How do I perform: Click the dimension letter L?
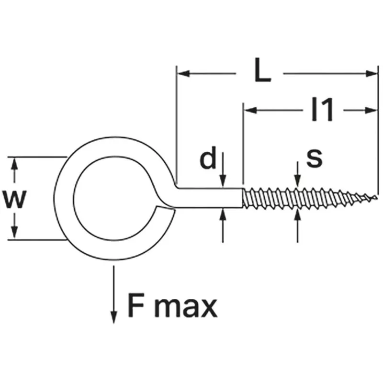pos(262,70)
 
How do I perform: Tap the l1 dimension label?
pos(322,109)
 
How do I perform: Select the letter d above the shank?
pos(208,158)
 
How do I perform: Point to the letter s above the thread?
pos(315,158)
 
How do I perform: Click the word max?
pos(186,308)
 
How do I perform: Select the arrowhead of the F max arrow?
pos(113,317)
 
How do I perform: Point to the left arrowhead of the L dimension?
pos(183,73)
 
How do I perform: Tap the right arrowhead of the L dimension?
pos(372,73)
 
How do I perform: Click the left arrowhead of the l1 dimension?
pos(250,111)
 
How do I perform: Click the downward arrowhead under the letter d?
pos(223,181)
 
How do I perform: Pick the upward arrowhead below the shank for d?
pos(223,214)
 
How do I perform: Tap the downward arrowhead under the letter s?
pos(297,181)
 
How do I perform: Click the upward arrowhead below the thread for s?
pos(297,215)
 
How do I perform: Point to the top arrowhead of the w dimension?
pos(14,164)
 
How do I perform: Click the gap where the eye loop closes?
pos(166,207)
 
